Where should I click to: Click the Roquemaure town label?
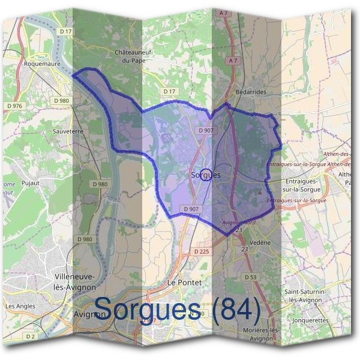(x=43, y=62)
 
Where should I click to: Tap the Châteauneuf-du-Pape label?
(x=134, y=56)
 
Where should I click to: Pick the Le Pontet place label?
(x=184, y=281)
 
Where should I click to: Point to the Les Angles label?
(x=20, y=306)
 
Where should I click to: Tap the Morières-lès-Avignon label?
(x=261, y=334)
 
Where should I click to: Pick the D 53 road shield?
(x=250, y=277)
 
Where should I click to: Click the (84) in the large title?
(x=237, y=309)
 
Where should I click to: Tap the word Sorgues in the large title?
(x=148, y=309)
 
